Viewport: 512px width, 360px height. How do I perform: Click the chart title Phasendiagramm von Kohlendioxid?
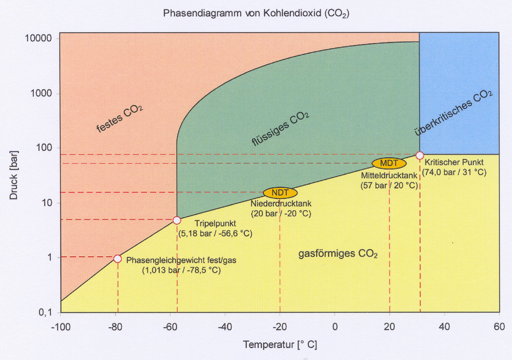coord(256,13)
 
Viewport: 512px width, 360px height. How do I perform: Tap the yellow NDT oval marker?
coord(280,193)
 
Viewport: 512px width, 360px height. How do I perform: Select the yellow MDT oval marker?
coord(389,163)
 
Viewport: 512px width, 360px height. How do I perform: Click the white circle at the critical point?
coord(420,155)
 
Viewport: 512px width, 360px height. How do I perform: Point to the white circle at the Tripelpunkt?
coord(177,220)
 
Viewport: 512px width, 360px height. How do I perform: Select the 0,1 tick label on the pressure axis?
coord(46,313)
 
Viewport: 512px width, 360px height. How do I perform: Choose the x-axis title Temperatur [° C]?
coord(280,345)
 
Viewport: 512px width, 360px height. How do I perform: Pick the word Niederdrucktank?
coord(281,204)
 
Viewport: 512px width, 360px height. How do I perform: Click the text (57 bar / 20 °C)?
coord(389,185)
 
